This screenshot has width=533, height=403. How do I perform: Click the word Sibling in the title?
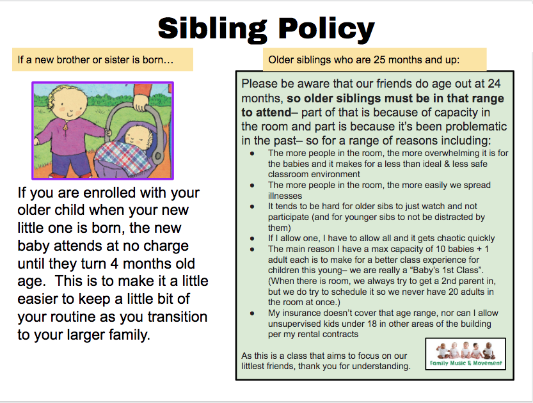point(212,29)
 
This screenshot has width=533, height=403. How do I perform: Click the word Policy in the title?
point(326,29)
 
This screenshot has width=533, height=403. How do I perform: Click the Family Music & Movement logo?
point(466,354)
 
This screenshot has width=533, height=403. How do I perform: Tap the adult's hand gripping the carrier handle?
point(139,103)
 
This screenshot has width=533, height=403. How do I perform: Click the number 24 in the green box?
point(494,84)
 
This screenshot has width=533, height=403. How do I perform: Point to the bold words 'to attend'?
point(266,112)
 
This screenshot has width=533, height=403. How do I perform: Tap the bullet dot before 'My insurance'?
point(252,313)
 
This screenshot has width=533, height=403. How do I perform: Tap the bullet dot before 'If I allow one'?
point(252,239)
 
